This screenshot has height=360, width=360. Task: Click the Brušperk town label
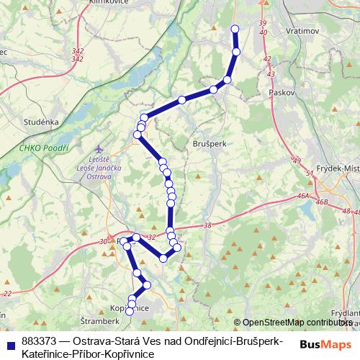pos(210,144)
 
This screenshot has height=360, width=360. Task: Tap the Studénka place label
pos(40,122)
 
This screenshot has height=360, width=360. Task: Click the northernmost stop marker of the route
pos(234,29)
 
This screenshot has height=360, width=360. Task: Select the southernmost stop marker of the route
pos(130,311)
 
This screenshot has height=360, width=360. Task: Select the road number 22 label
pos(7,294)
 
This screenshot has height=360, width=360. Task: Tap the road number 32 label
pos(150,236)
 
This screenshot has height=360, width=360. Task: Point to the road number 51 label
pos(310,174)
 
